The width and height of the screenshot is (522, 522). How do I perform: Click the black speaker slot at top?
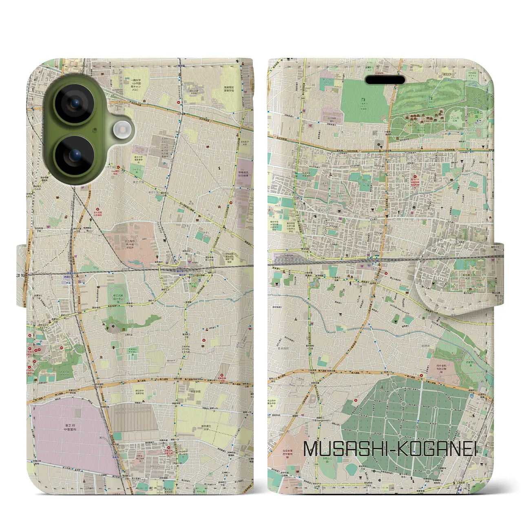[x=385, y=80]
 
